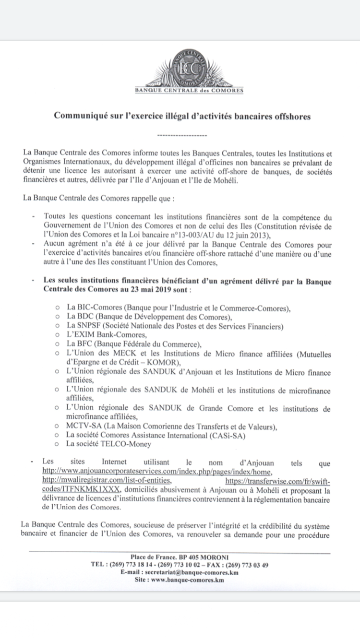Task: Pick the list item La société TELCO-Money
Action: tap(109, 444)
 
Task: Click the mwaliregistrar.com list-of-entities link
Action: tap(107, 480)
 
